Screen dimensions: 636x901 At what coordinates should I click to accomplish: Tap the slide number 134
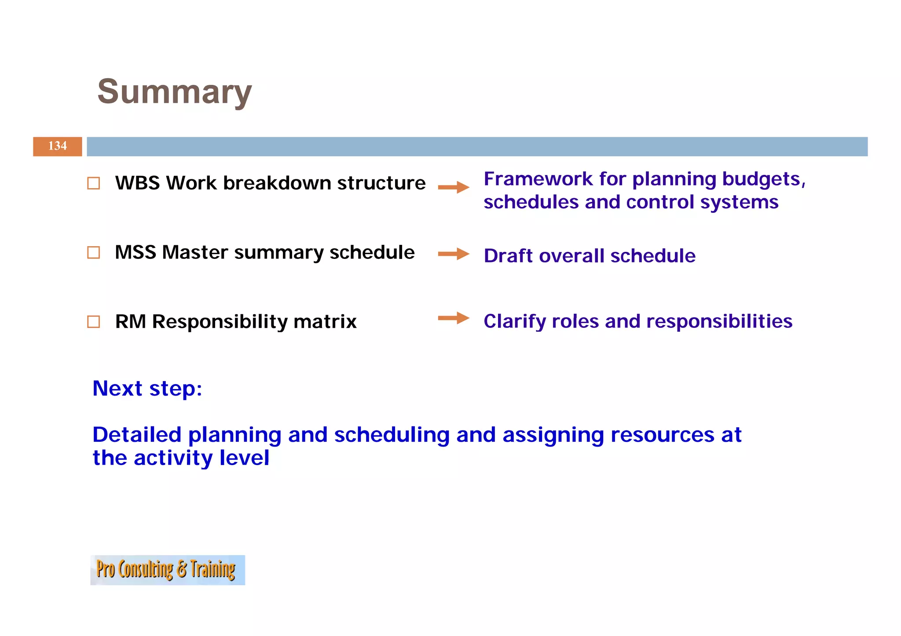(58, 146)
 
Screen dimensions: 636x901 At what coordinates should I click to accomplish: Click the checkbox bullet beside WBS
(94, 183)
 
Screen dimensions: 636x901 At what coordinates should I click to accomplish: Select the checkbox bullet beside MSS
(94, 252)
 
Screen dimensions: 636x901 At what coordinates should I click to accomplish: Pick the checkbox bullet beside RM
(94, 322)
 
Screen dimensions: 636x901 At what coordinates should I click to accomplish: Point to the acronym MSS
(136, 252)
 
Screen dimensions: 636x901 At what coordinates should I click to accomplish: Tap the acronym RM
(130, 321)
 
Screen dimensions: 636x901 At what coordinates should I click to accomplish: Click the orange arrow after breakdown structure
(454, 187)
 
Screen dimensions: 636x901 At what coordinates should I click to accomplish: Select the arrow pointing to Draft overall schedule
(454, 254)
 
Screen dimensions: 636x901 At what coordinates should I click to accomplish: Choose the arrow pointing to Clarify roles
(454, 318)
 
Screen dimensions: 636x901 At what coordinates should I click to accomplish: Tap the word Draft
(508, 256)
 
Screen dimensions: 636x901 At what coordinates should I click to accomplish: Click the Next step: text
(147, 389)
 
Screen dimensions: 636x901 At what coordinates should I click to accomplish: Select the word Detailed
(137, 435)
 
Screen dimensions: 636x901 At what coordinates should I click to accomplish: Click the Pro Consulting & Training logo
(168, 570)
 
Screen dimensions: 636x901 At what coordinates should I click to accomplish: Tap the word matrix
(325, 321)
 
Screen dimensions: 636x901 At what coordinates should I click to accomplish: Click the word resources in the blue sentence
(662, 435)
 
